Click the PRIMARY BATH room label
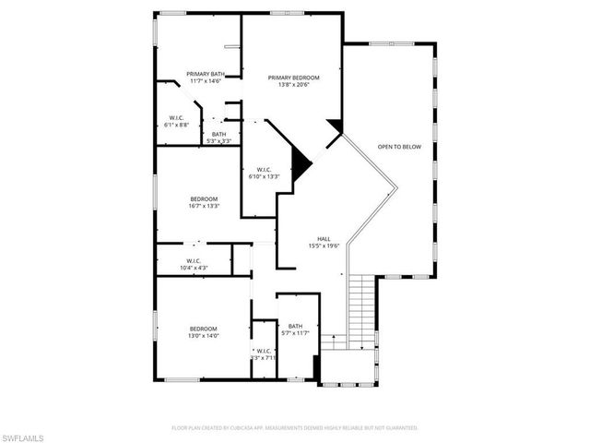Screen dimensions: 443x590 point(205,74)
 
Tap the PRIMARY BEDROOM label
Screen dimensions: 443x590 point(294,78)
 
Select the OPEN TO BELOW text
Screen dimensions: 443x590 point(399,146)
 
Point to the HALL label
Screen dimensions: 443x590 point(324,238)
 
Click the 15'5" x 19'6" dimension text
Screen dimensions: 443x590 point(324,245)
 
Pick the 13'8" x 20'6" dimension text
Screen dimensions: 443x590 point(294,85)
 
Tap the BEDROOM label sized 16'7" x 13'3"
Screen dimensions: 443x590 point(204,199)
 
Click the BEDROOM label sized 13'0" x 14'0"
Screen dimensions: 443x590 point(203,329)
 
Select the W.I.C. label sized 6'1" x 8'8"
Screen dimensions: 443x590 point(176,117)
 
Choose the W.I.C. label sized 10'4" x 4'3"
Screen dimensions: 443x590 point(194,261)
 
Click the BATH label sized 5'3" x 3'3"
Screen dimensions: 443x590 point(218,134)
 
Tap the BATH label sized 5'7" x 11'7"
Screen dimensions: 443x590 point(295,326)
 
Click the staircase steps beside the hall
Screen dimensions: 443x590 point(363,307)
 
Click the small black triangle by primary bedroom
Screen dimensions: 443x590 point(335,126)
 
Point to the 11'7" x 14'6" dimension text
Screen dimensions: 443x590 point(205,81)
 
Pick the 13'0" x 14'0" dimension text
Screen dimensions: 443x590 point(203,337)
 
